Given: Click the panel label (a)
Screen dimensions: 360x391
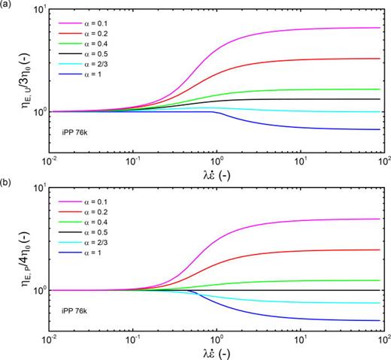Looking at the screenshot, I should point(8,6).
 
